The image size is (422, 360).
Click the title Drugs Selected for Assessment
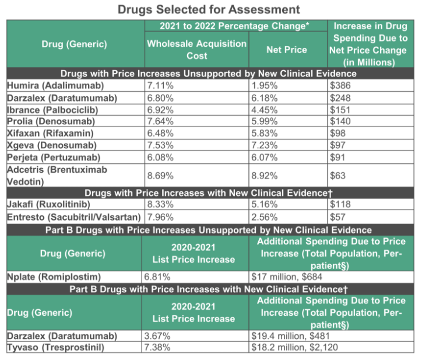coord(209,9)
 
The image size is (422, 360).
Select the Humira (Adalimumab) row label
coord(55,85)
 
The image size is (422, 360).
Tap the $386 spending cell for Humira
coord(340,85)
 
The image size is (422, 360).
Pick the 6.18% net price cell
coord(264,98)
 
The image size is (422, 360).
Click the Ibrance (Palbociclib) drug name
coord(52,110)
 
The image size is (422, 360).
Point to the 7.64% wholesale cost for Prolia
coord(160,121)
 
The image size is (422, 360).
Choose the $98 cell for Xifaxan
coord(337,133)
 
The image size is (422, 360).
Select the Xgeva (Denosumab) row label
coord(52,145)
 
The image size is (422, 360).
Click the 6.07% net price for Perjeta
coord(264,158)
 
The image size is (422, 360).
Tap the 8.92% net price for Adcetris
coord(264,176)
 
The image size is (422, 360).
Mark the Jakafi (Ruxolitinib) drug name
coord(48,204)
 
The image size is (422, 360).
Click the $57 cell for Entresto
coord(337,217)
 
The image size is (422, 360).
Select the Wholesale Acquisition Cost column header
coord(197,50)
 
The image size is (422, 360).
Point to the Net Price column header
coord(287,50)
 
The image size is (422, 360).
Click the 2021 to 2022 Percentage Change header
coord(234,26)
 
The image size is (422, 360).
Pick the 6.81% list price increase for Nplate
coord(157,277)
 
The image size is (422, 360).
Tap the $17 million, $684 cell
coord(287,277)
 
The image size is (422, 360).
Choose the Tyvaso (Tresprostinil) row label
coord(55,347)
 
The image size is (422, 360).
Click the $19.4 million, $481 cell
coord(290,336)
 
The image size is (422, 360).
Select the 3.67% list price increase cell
coord(157,336)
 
